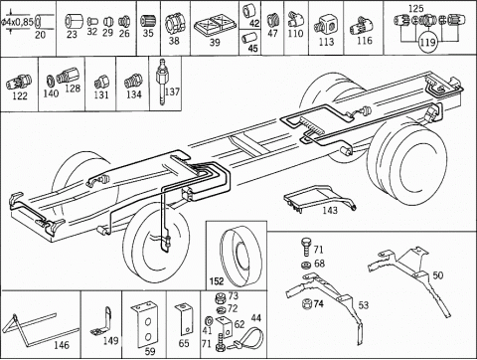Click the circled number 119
tap(427, 43)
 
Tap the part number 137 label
tap(172, 91)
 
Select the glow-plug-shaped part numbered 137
tap(161, 82)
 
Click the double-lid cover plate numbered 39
tap(215, 26)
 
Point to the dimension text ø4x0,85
tap(17, 23)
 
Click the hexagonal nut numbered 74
tap(306, 303)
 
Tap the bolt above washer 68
tap(306, 247)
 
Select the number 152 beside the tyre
tap(217, 281)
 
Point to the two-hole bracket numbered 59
tap(145, 324)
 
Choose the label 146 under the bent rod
tap(62, 345)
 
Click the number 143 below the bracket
tap(330, 210)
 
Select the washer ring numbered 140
tap(51, 81)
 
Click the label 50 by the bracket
tap(438, 275)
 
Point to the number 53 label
tap(364, 304)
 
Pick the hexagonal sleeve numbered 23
tap(72, 22)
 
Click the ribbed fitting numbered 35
tap(147, 22)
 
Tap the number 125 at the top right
tap(415, 9)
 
